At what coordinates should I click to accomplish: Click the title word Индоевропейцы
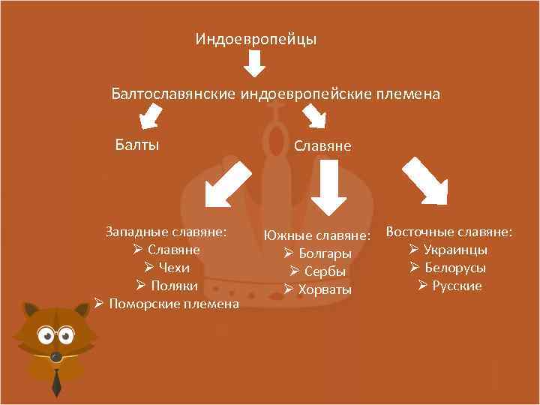point(256,38)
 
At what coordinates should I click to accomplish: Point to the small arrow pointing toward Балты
point(152,117)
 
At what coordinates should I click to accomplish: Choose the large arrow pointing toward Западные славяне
point(228,181)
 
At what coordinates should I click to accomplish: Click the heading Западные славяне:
point(166,232)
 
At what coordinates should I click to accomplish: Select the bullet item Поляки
point(174,286)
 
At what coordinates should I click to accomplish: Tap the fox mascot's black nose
point(54,355)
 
